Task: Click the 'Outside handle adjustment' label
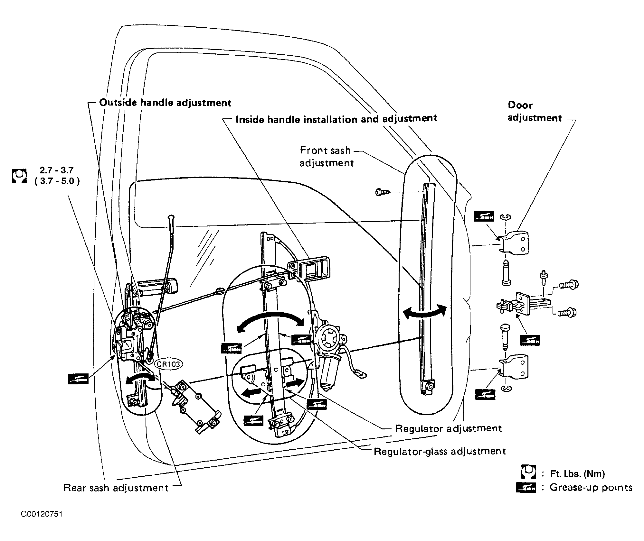[165, 103]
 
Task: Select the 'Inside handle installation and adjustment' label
[336, 119]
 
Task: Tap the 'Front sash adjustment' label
[327, 157]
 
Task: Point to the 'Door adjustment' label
[535, 112]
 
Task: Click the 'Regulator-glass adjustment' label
[440, 451]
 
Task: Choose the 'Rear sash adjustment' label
[116, 488]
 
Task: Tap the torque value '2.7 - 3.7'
[57, 170]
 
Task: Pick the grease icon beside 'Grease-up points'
[526, 488]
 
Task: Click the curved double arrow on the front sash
[425, 311]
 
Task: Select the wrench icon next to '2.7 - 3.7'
[19, 176]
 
